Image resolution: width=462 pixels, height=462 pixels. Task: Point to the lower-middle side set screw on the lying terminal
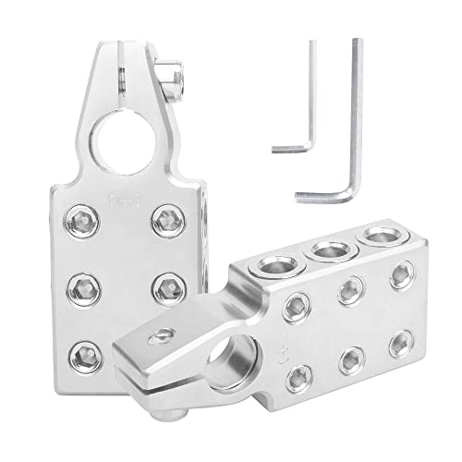click(350, 362)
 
